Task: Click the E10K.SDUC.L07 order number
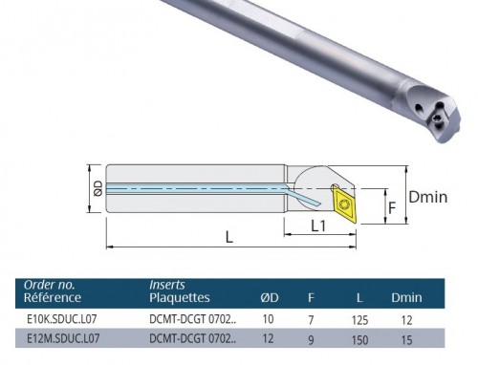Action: [x=61, y=319]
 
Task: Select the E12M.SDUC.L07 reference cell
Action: [x=63, y=338]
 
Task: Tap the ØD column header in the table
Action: [x=270, y=297]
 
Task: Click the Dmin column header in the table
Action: [x=406, y=297]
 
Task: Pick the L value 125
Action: [x=359, y=320]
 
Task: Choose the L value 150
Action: [x=359, y=340]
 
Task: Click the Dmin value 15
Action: [x=406, y=340]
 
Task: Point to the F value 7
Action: [x=311, y=320]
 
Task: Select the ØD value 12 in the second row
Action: [x=268, y=338]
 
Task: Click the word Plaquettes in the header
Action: [x=180, y=297]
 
